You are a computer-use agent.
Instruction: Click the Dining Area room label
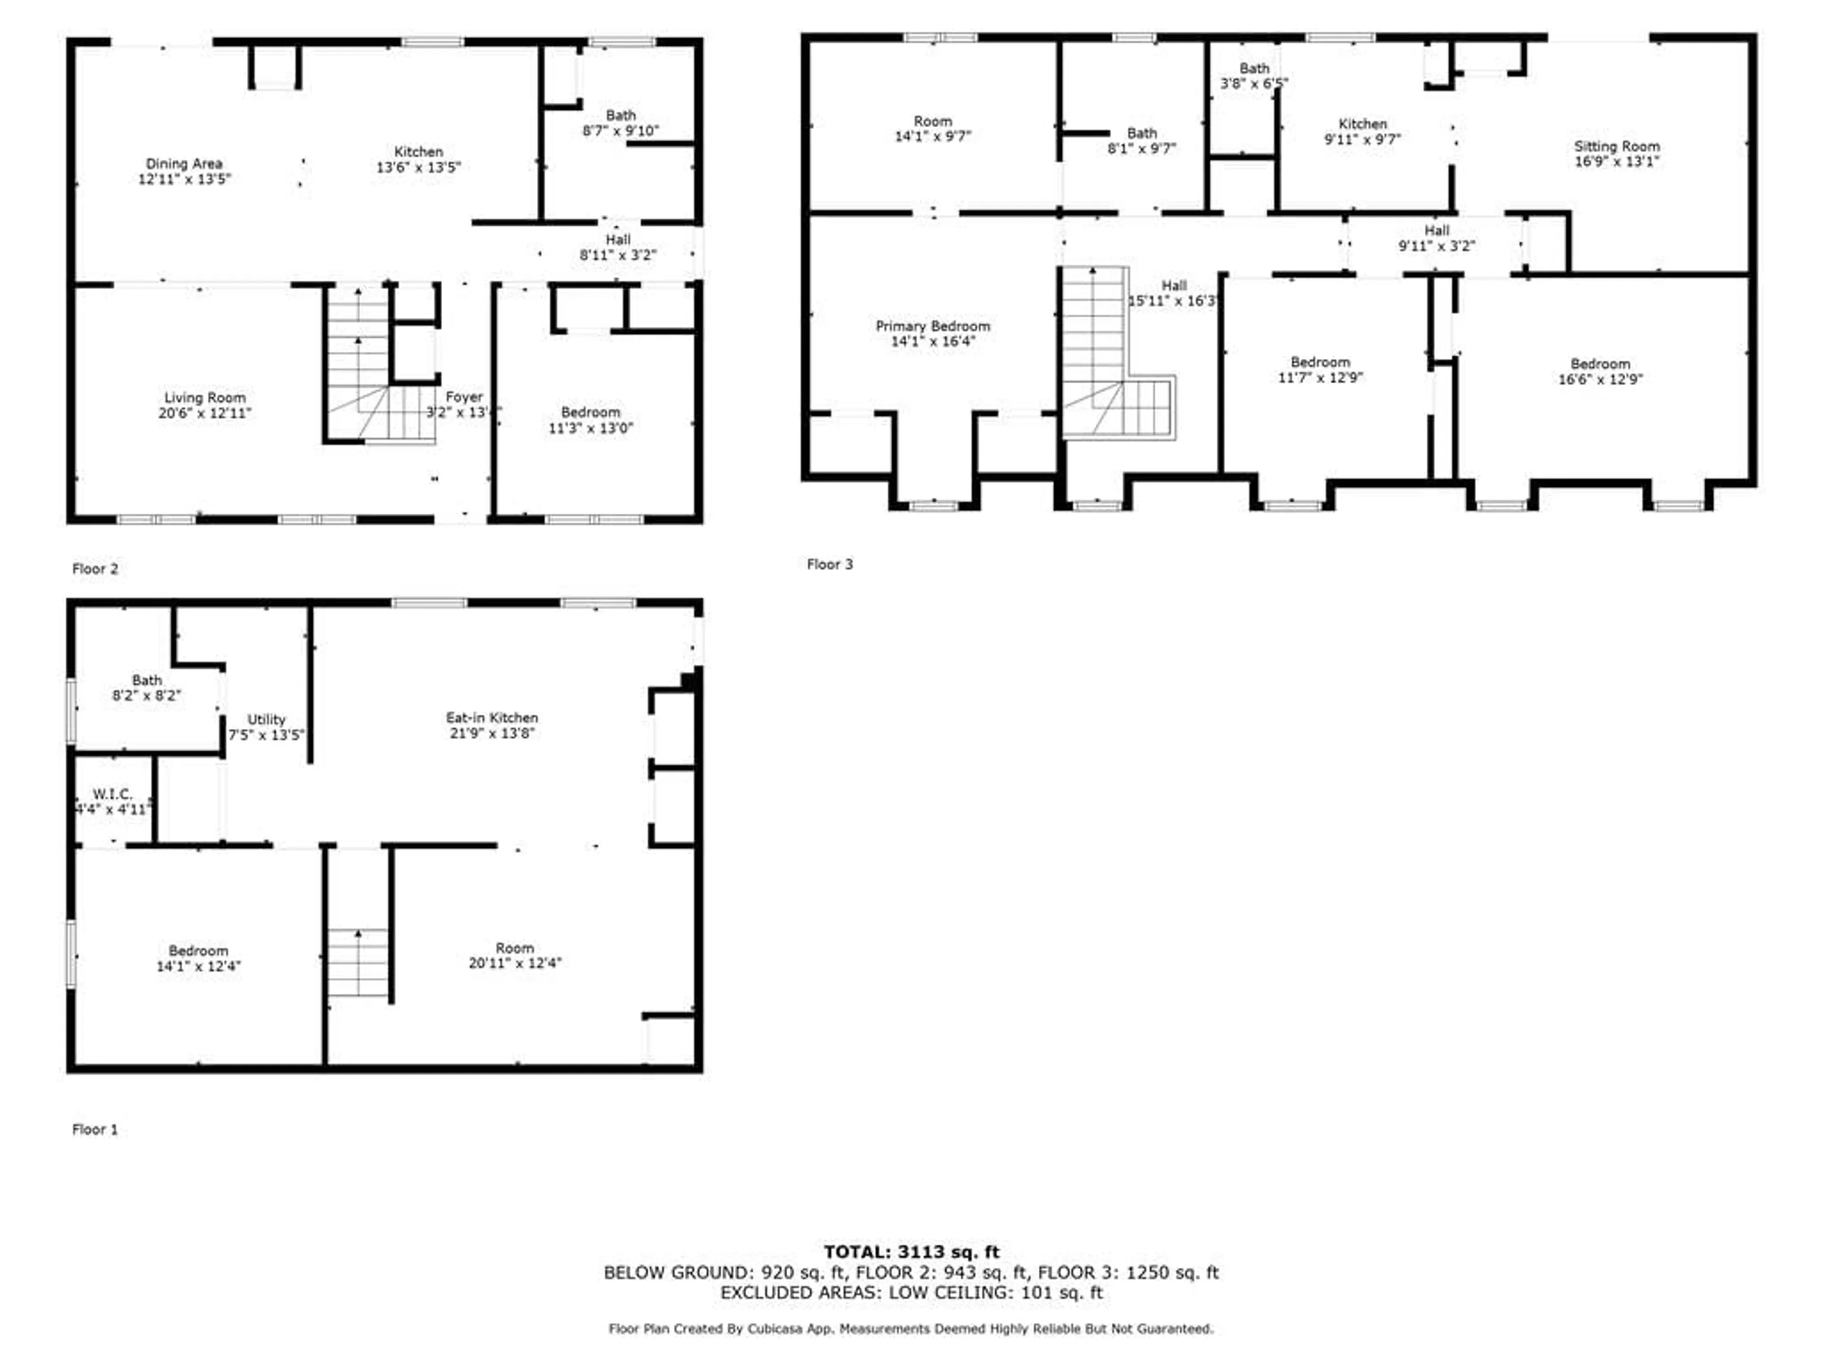click(184, 164)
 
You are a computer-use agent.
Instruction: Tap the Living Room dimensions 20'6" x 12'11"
click(205, 413)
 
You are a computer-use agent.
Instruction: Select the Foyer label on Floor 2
click(464, 397)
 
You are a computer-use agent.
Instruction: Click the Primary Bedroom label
click(932, 326)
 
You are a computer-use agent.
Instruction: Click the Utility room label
click(266, 720)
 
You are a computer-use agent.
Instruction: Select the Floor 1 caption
click(95, 1129)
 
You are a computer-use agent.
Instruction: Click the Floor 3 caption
click(829, 564)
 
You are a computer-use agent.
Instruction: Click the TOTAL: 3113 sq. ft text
click(911, 1252)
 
